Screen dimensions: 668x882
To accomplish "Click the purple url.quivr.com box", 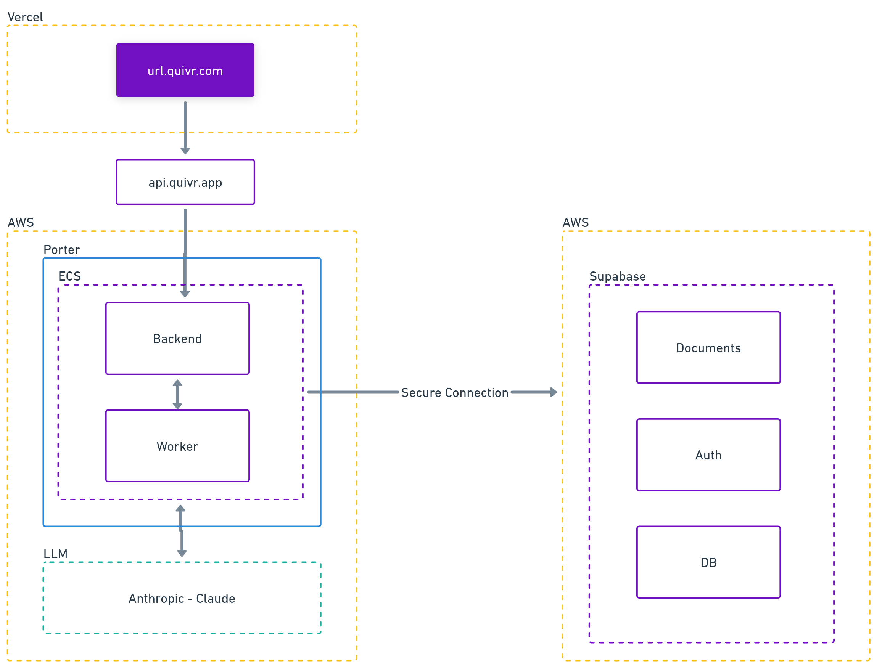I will click(x=185, y=70).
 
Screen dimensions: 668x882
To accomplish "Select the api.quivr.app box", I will click(x=185, y=182).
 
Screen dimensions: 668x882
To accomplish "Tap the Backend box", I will click(x=177, y=338).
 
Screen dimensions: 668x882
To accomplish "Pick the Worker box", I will click(x=177, y=446).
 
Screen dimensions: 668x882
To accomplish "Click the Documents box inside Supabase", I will click(x=708, y=348).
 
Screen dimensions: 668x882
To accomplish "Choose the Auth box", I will click(x=708, y=455).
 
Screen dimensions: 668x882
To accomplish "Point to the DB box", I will click(x=708, y=562).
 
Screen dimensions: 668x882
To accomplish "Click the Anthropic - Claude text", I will click(x=182, y=598).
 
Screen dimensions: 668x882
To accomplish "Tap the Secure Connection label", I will click(x=455, y=393).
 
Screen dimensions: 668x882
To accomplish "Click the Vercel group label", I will click(x=25, y=17).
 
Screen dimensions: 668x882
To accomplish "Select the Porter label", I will click(x=61, y=250).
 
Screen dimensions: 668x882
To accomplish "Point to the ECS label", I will click(x=69, y=276).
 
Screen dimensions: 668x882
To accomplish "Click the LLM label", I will click(x=55, y=554).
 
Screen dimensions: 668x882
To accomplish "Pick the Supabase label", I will click(x=617, y=276).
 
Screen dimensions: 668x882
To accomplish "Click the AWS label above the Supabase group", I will click(x=575, y=222).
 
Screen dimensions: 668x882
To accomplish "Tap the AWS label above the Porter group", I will click(x=21, y=222).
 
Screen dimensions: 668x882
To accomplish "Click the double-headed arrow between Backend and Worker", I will click(x=177, y=394).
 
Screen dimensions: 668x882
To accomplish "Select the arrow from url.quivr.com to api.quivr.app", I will click(x=185, y=128).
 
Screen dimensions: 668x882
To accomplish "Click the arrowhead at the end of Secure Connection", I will click(x=554, y=392).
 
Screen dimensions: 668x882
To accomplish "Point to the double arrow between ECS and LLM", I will click(x=182, y=530).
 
